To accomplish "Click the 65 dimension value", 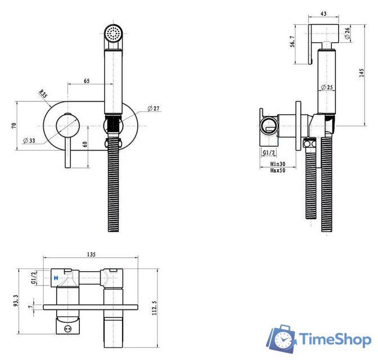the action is [87, 81].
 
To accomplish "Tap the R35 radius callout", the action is [43, 93].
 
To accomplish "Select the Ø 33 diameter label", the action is [29, 140].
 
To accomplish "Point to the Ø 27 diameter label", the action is [154, 108].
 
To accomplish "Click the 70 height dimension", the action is [14, 125].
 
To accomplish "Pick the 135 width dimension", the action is [91, 254].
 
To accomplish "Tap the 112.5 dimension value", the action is [154, 308].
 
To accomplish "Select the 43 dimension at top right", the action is [323, 13].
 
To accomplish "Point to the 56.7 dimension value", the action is [292, 42].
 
